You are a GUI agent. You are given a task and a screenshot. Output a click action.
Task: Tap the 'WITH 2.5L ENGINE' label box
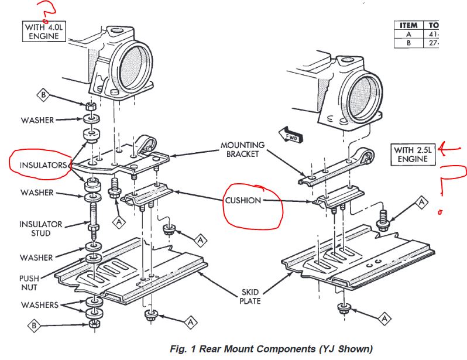point(414,155)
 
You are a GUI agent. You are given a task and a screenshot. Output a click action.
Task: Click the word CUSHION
point(243,200)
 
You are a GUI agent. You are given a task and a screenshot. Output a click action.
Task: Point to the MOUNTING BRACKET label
point(242,150)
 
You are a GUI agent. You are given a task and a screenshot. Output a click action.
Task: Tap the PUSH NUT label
point(29,283)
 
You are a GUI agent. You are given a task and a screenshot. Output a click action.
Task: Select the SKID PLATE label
point(249,296)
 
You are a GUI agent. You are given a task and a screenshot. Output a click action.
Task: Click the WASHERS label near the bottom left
point(39,305)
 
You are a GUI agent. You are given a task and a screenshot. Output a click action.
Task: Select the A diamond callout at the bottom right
point(384,318)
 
